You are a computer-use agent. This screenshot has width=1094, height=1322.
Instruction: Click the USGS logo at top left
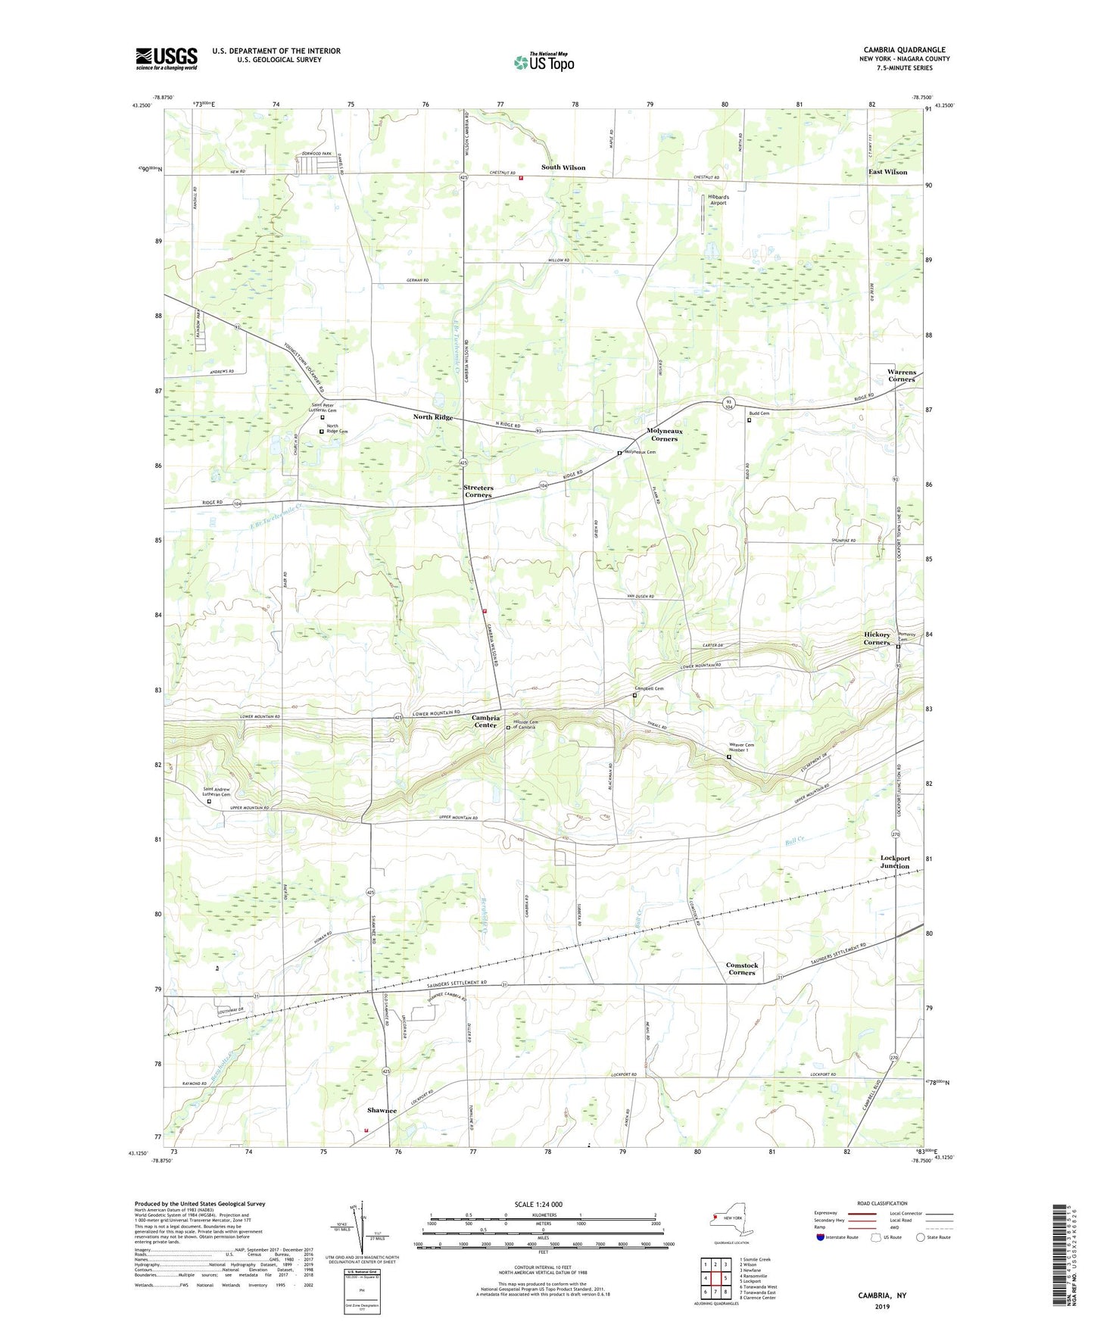coord(167,58)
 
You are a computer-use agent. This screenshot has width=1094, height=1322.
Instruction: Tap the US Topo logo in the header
coord(544,61)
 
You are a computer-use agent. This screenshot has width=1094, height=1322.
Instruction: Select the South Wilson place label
coord(563,167)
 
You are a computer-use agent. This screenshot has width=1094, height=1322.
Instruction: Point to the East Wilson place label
coord(887,172)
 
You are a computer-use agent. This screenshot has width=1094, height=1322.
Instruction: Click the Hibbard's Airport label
coord(718,200)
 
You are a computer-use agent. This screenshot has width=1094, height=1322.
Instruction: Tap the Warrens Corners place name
coord(901,376)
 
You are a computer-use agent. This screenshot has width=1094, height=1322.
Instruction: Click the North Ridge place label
coord(433,417)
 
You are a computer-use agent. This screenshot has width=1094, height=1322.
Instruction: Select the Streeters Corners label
coord(478,491)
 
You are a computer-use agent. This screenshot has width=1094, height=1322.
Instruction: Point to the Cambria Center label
coord(485,721)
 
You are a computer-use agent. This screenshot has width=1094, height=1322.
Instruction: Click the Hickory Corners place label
coord(877,638)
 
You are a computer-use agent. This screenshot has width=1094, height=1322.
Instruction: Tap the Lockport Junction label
coord(895,862)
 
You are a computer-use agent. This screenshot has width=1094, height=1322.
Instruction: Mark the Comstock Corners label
coord(741,968)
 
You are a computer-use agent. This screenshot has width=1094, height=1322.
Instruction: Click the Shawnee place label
coord(382,1110)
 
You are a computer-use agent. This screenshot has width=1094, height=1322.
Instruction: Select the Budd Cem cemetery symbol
coord(749,421)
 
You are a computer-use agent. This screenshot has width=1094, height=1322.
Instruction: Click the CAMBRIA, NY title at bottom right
coord(881,1295)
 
